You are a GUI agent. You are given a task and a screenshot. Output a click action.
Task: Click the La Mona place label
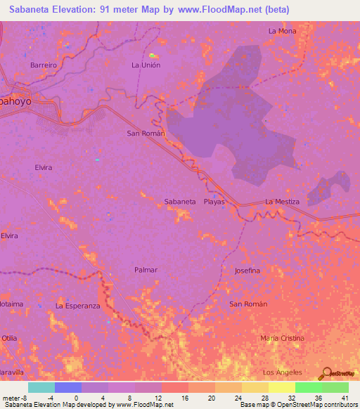click(282, 31)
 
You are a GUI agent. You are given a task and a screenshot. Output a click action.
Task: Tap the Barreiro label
click(43, 65)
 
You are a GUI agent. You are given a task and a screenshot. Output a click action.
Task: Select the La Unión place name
click(146, 65)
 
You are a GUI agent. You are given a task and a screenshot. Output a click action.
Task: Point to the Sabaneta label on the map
click(180, 202)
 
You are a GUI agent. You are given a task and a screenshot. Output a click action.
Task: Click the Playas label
click(214, 202)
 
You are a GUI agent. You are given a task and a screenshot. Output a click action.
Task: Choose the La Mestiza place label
click(282, 202)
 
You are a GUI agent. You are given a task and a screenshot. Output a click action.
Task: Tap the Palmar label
click(146, 270)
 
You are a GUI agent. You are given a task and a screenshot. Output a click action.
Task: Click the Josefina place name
click(247, 271)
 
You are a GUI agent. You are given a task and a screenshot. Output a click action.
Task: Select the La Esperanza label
click(78, 306)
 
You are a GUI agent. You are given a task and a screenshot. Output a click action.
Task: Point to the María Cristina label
click(282, 338)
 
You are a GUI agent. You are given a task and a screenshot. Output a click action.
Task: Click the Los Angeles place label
click(282, 372)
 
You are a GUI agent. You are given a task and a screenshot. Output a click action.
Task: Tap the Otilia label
click(9, 338)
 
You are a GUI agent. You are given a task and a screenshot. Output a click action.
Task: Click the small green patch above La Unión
click(153, 55)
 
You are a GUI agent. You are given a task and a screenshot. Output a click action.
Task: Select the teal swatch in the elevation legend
click(41, 387)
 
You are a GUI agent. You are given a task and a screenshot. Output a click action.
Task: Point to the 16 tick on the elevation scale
click(184, 397)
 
